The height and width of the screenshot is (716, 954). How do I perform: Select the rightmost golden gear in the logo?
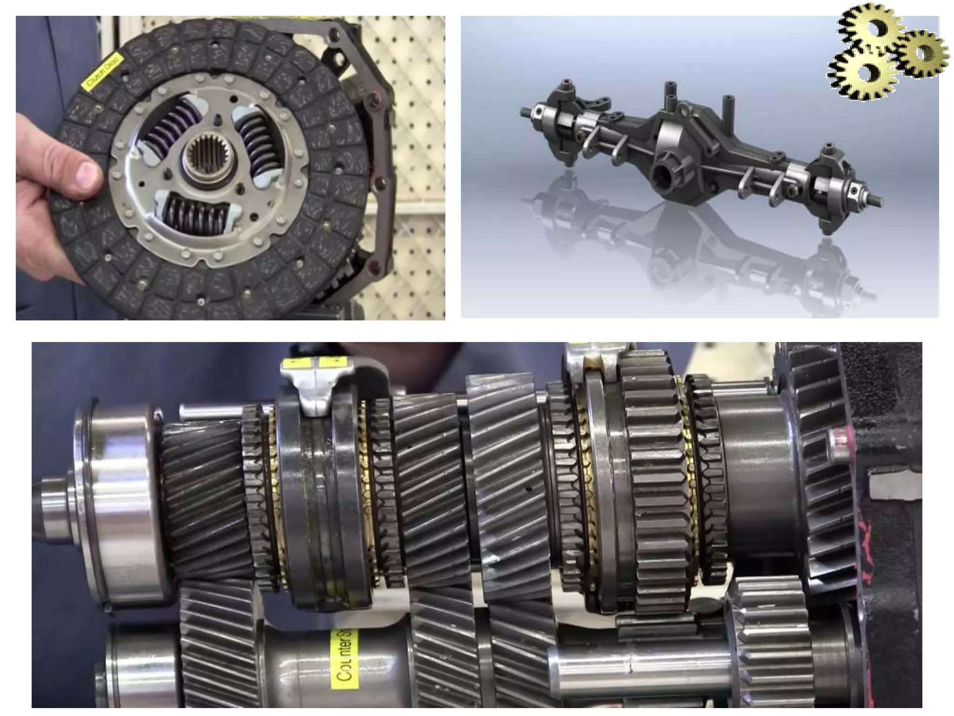pos(923,53)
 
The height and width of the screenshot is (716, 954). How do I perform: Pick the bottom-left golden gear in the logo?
pos(862,75)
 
